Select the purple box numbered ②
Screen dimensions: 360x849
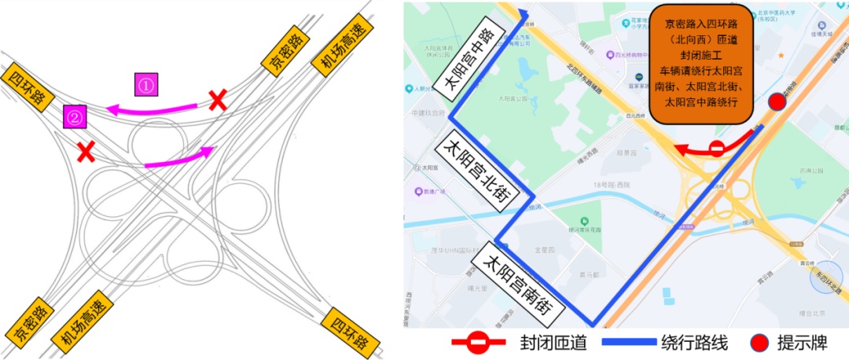(75, 117)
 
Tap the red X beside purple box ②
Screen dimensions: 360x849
(86, 150)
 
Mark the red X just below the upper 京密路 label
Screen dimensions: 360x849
(218, 100)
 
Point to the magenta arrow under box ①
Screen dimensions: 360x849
(153, 108)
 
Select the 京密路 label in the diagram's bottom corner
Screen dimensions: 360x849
(29, 324)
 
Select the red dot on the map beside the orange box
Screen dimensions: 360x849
(777, 102)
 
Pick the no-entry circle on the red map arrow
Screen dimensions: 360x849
(716, 148)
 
